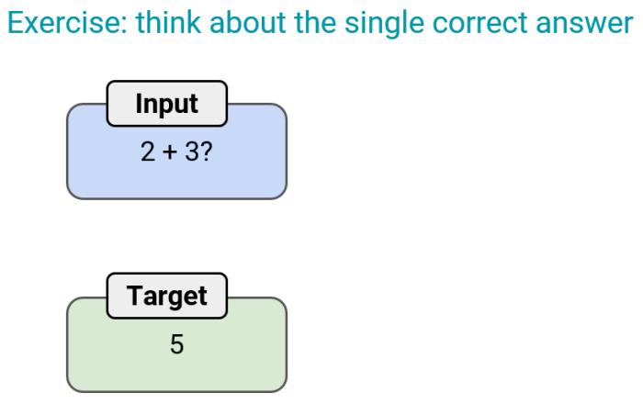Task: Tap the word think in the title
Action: click(168, 22)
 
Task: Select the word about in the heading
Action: click(247, 22)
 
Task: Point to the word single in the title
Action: click(384, 24)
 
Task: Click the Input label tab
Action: click(167, 104)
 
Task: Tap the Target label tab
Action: click(167, 296)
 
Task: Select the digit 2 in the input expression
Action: click(148, 151)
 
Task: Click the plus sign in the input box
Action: click(170, 152)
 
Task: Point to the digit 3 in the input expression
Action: click(192, 151)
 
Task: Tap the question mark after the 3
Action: click(207, 151)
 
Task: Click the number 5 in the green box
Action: click(176, 344)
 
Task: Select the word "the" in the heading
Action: click(315, 22)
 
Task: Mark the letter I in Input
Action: click(139, 103)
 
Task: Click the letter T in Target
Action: click(134, 295)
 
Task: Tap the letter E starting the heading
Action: click(15, 23)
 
